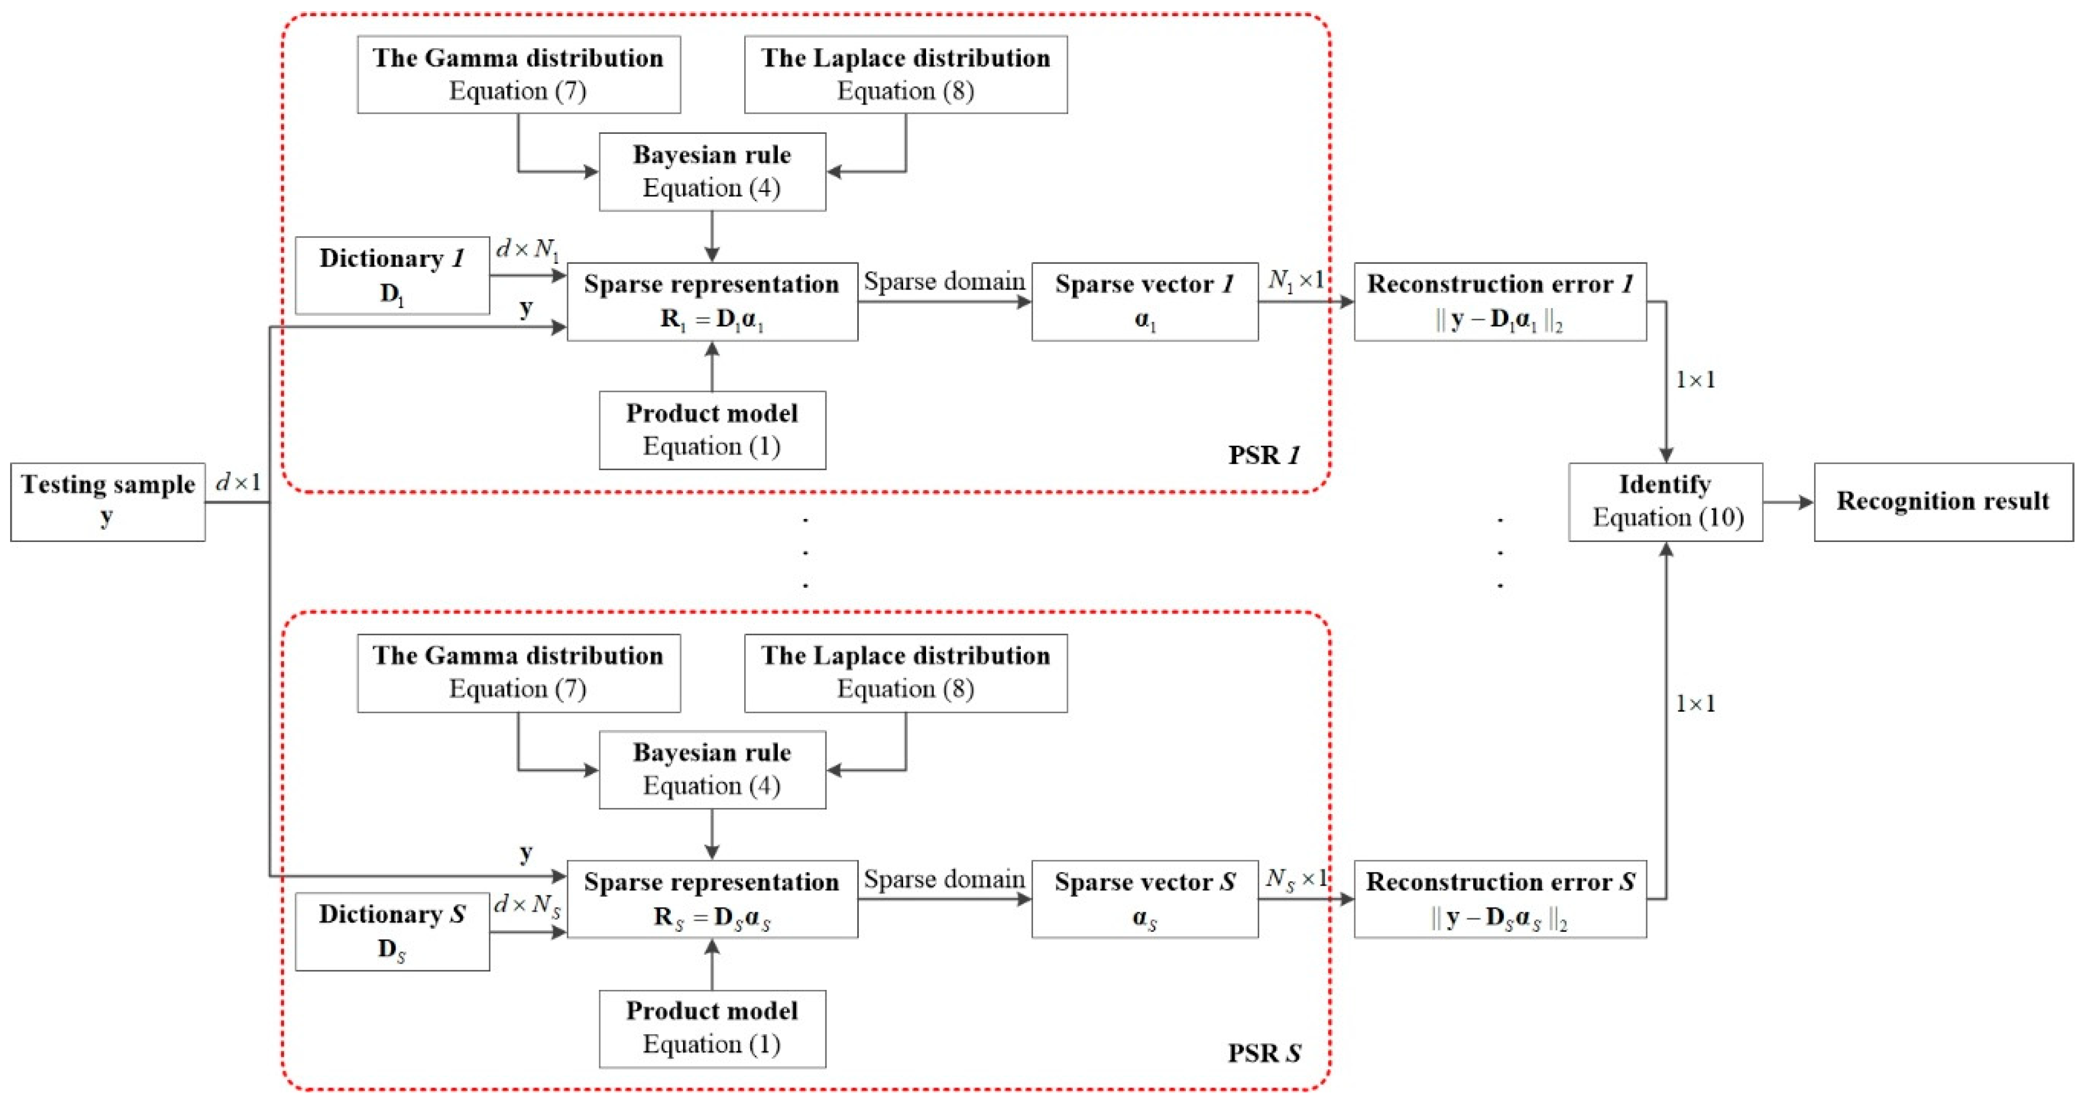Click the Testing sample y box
(x=108, y=502)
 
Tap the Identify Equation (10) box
(x=1665, y=502)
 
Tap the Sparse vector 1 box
(x=1144, y=301)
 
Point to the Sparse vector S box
(x=1144, y=899)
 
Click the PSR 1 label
(x=1264, y=455)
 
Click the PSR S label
(x=1264, y=1053)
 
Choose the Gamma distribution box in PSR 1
(x=518, y=74)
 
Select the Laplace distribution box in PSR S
(x=905, y=672)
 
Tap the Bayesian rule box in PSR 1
(x=712, y=171)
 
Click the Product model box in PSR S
(x=712, y=1029)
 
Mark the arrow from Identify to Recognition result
(x=1788, y=502)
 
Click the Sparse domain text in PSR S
(x=943, y=879)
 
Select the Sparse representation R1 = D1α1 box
(x=712, y=301)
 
